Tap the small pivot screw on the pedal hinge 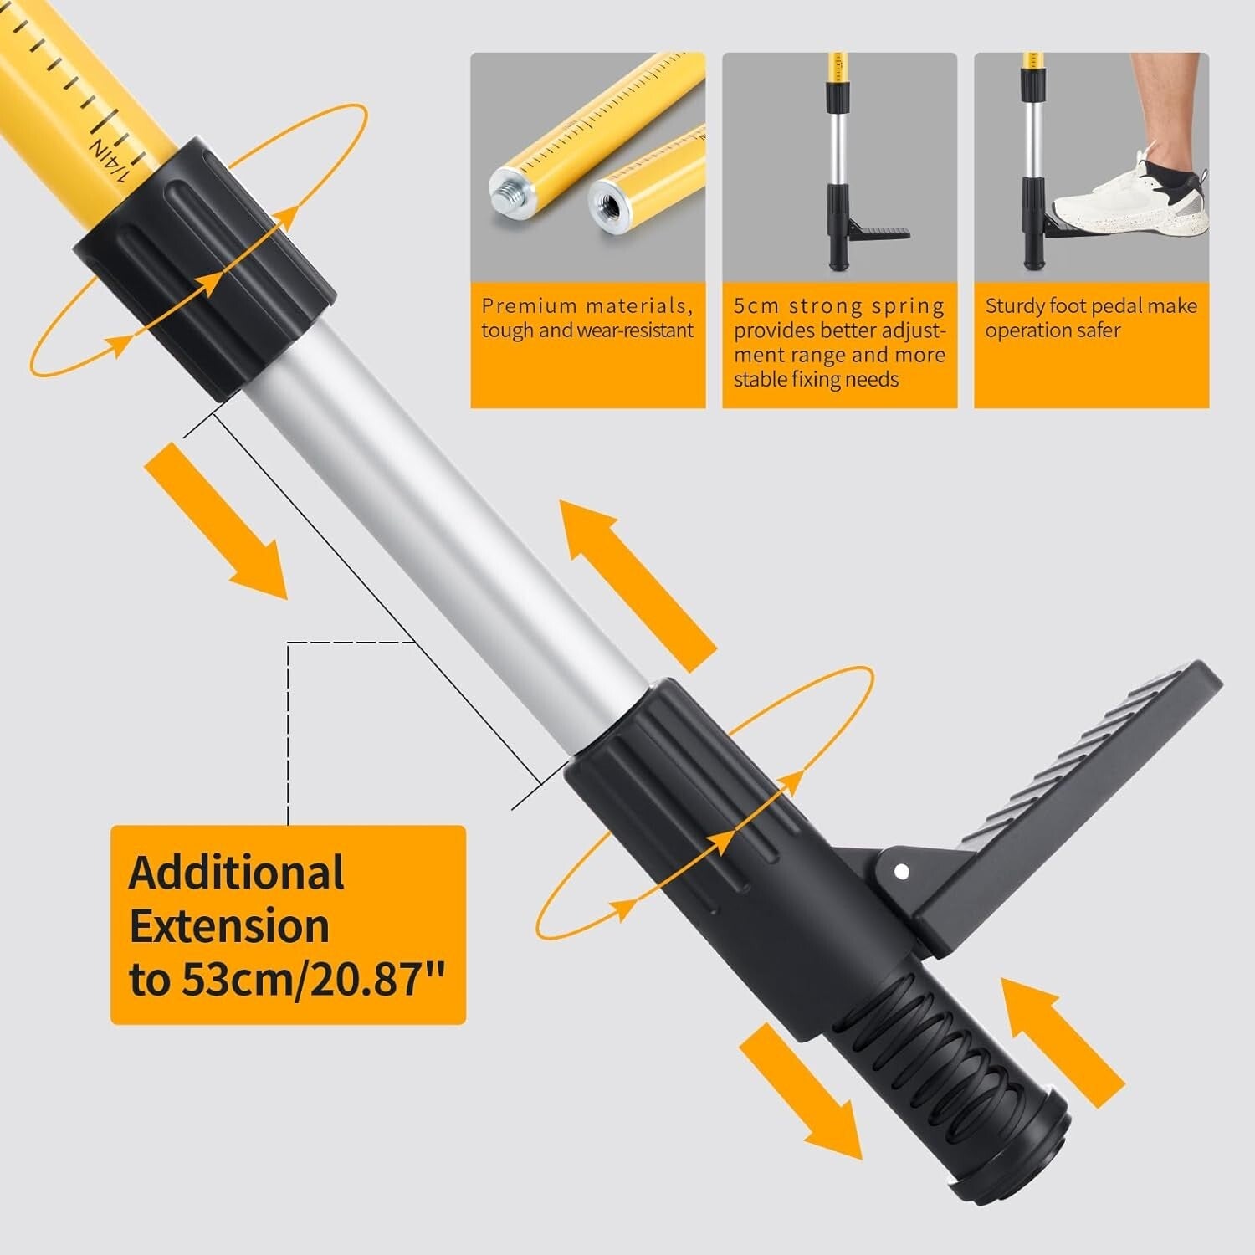click(x=901, y=871)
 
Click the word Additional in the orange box click(x=236, y=873)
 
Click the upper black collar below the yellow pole click(x=205, y=268)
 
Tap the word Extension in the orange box click(x=229, y=927)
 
